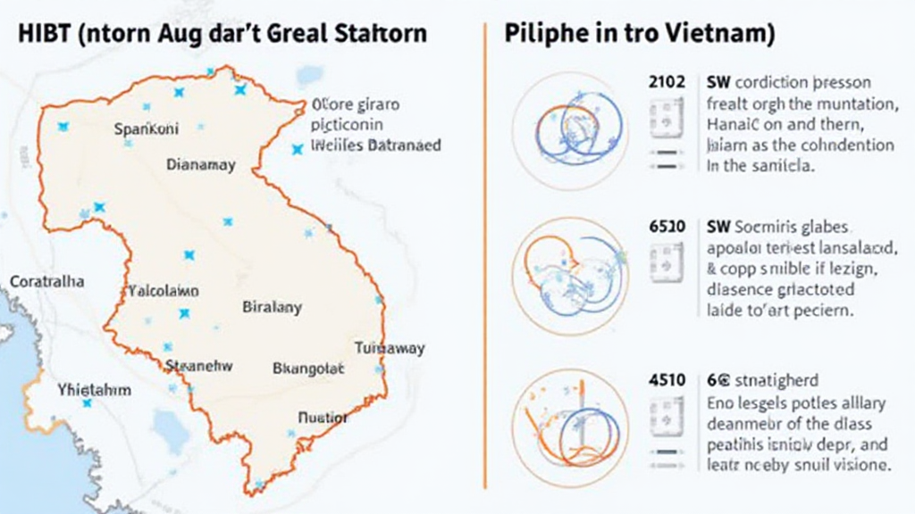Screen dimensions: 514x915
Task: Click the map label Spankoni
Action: pyautogui.click(x=147, y=129)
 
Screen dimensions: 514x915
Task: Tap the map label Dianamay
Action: pyautogui.click(x=201, y=165)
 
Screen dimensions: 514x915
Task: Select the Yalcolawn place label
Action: pyautogui.click(x=164, y=291)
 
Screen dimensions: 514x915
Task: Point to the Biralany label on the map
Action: pyautogui.click(x=272, y=308)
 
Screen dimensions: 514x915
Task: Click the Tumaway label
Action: pyautogui.click(x=390, y=349)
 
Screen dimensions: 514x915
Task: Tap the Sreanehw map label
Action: pyautogui.click(x=199, y=365)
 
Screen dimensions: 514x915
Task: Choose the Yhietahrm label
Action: pyautogui.click(x=94, y=390)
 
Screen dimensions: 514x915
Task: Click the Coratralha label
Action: pyautogui.click(x=47, y=281)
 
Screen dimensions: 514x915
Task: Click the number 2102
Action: pyautogui.click(x=667, y=82)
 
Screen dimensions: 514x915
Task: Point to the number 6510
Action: pyautogui.click(x=667, y=227)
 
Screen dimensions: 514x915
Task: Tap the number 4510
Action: pyautogui.click(x=667, y=378)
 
